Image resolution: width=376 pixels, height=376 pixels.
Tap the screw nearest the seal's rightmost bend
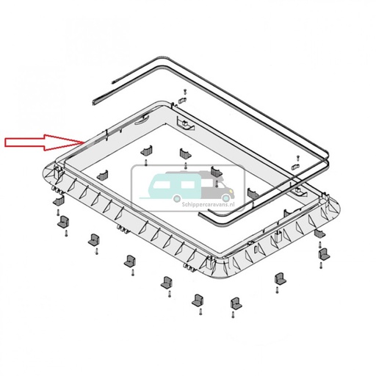pyautogui.click(x=297, y=157)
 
